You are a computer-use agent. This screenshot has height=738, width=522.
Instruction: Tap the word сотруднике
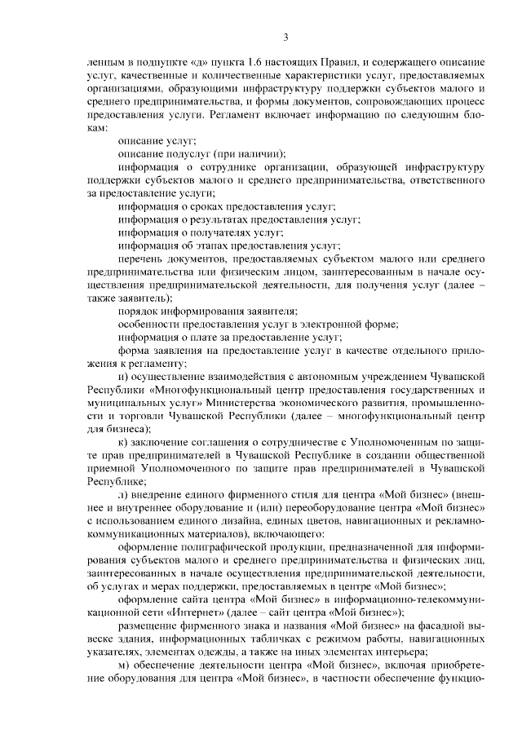(209, 167)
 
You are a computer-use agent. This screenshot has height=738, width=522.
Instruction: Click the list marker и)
(123, 376)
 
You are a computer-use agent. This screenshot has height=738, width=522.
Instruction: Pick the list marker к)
(122, 441)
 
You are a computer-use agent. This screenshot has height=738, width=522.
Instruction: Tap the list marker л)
(123, 494)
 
